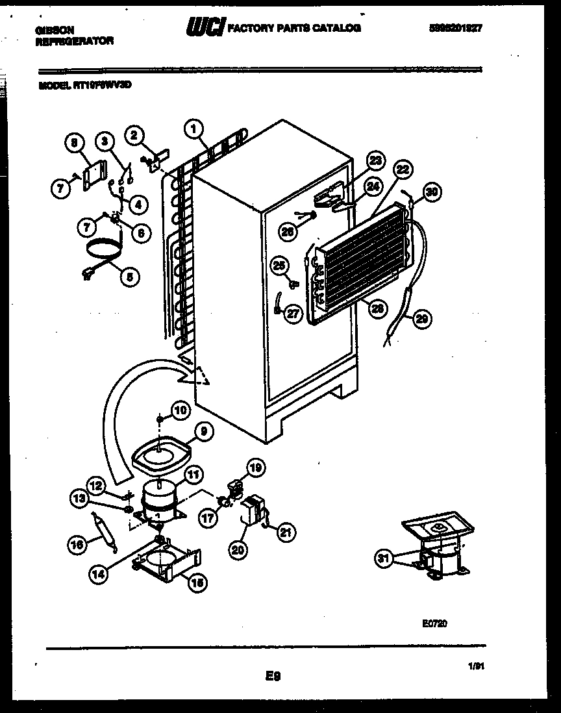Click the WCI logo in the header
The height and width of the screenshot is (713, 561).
click(x=205, y=27)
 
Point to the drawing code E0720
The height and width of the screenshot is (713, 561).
click(x=434, y=623)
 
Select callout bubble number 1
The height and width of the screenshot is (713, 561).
click(x=193, y=129)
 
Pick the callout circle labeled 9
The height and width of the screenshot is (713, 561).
click(x=201, y=430)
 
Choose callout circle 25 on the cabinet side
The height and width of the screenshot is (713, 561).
click(x=279, y=266)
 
